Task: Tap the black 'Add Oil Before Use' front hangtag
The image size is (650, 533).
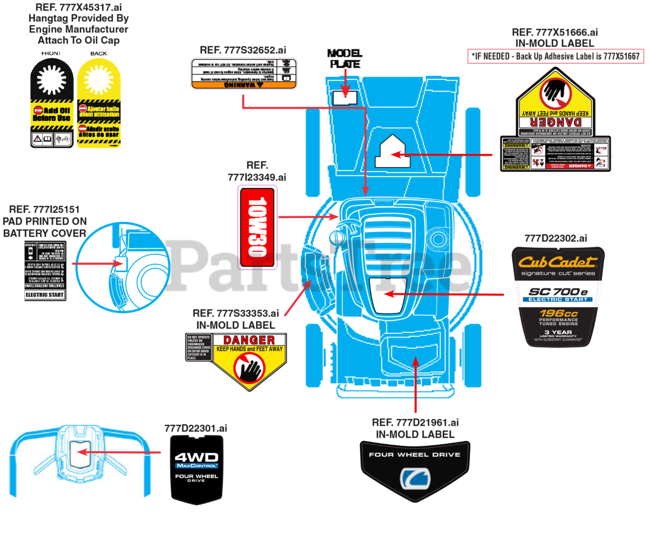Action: tap(52, 103)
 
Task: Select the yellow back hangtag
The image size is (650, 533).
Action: tap(99, 103)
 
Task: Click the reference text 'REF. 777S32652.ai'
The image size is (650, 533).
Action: tap(243, 50)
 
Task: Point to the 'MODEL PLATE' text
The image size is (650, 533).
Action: tap(345, 58)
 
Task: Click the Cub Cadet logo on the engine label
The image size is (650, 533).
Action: tap(557, 262)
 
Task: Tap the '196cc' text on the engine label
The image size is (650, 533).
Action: tap(558, 313)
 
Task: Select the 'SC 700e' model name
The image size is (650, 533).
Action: tap(558, 291)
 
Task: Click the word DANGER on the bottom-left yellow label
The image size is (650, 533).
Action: tap(249, 340)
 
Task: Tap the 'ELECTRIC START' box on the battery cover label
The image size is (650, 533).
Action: tap(45, 295)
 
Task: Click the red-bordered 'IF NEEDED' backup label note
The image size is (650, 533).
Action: tap(556, 56)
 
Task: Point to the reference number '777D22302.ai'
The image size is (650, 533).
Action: tap(556, 238)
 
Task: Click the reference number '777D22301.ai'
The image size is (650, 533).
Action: tap(196, 428)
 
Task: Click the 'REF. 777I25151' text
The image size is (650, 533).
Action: tap(44, 210)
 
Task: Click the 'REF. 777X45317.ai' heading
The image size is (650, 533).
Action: tap(78, 8)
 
